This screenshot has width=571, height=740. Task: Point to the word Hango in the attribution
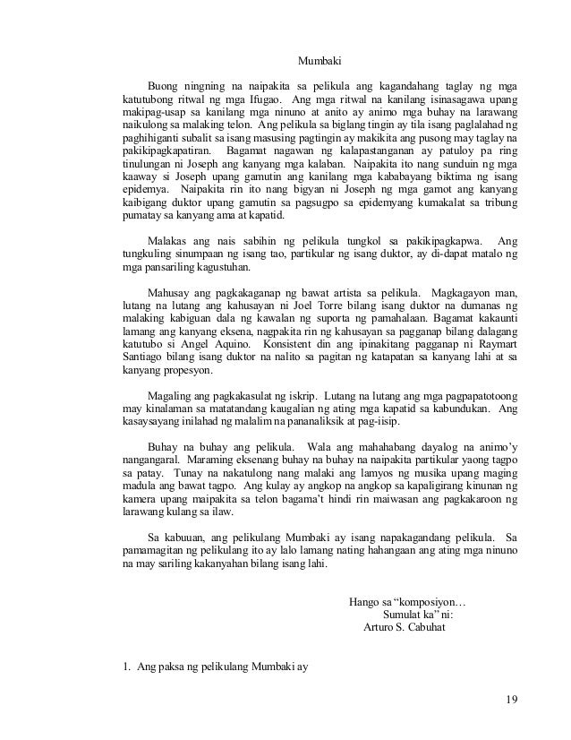[x=364, y=599]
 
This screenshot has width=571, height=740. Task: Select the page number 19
[x=510, y=700]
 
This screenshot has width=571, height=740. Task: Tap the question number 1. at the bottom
[x=126, y=665]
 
